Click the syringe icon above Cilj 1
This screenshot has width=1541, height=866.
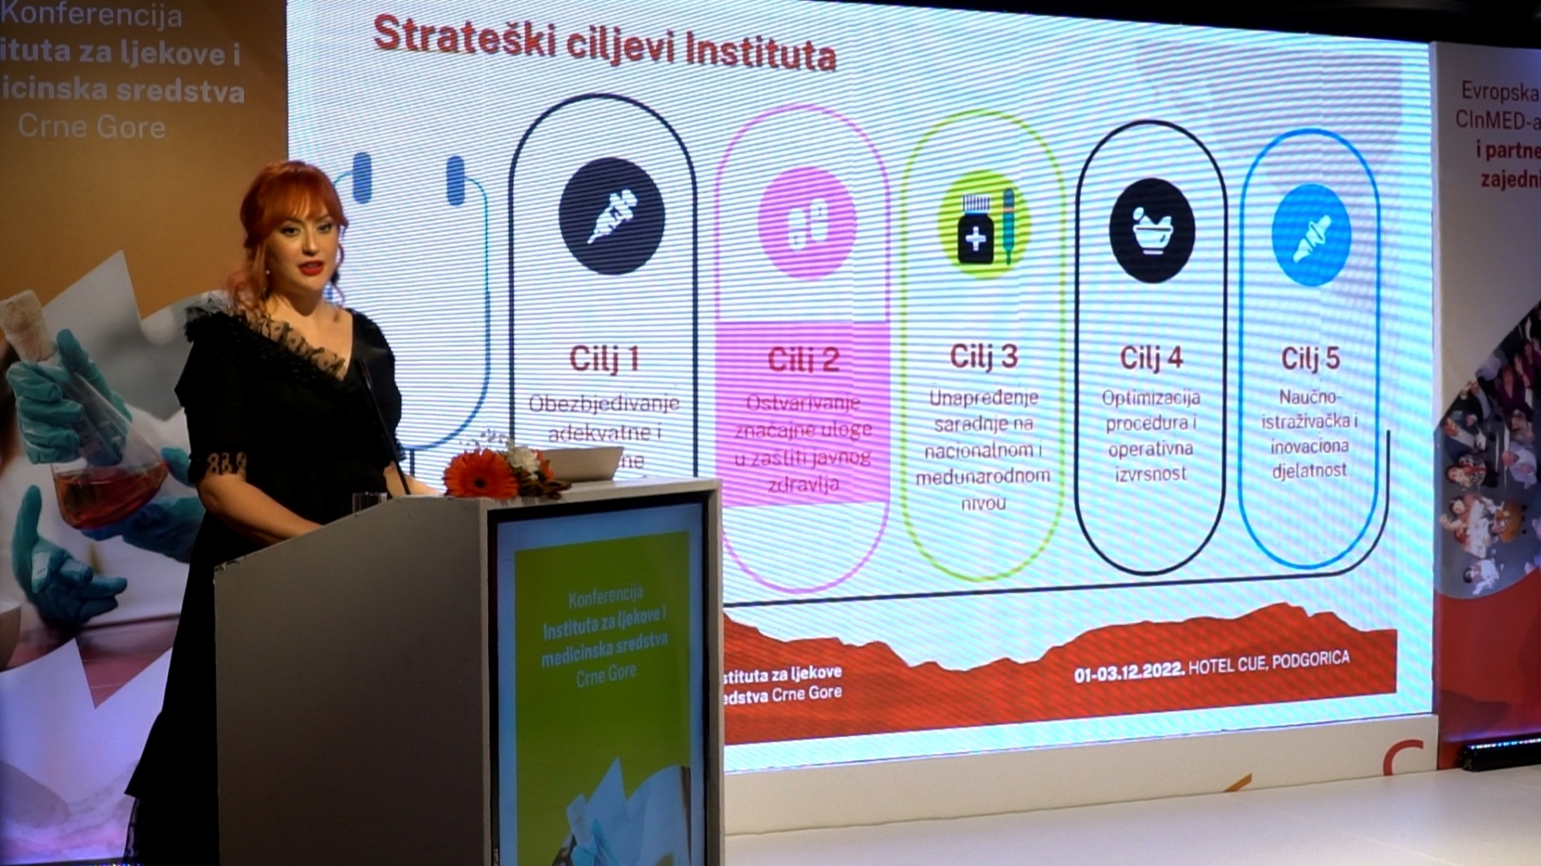611,216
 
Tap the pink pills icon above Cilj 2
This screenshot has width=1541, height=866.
806,222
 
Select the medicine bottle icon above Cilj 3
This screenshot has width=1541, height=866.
984,226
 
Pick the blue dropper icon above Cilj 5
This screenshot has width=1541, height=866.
1311,234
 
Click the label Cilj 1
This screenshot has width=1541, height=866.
604,359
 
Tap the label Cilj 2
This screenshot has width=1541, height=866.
803,359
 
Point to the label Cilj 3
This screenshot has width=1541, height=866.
984,356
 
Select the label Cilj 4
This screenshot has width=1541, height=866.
1151,358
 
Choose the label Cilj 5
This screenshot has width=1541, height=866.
1310,358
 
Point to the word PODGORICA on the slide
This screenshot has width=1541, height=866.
1310,661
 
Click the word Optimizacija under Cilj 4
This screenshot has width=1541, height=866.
1151,398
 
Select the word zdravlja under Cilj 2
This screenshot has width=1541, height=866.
803,484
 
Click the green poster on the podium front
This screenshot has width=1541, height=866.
604,685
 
